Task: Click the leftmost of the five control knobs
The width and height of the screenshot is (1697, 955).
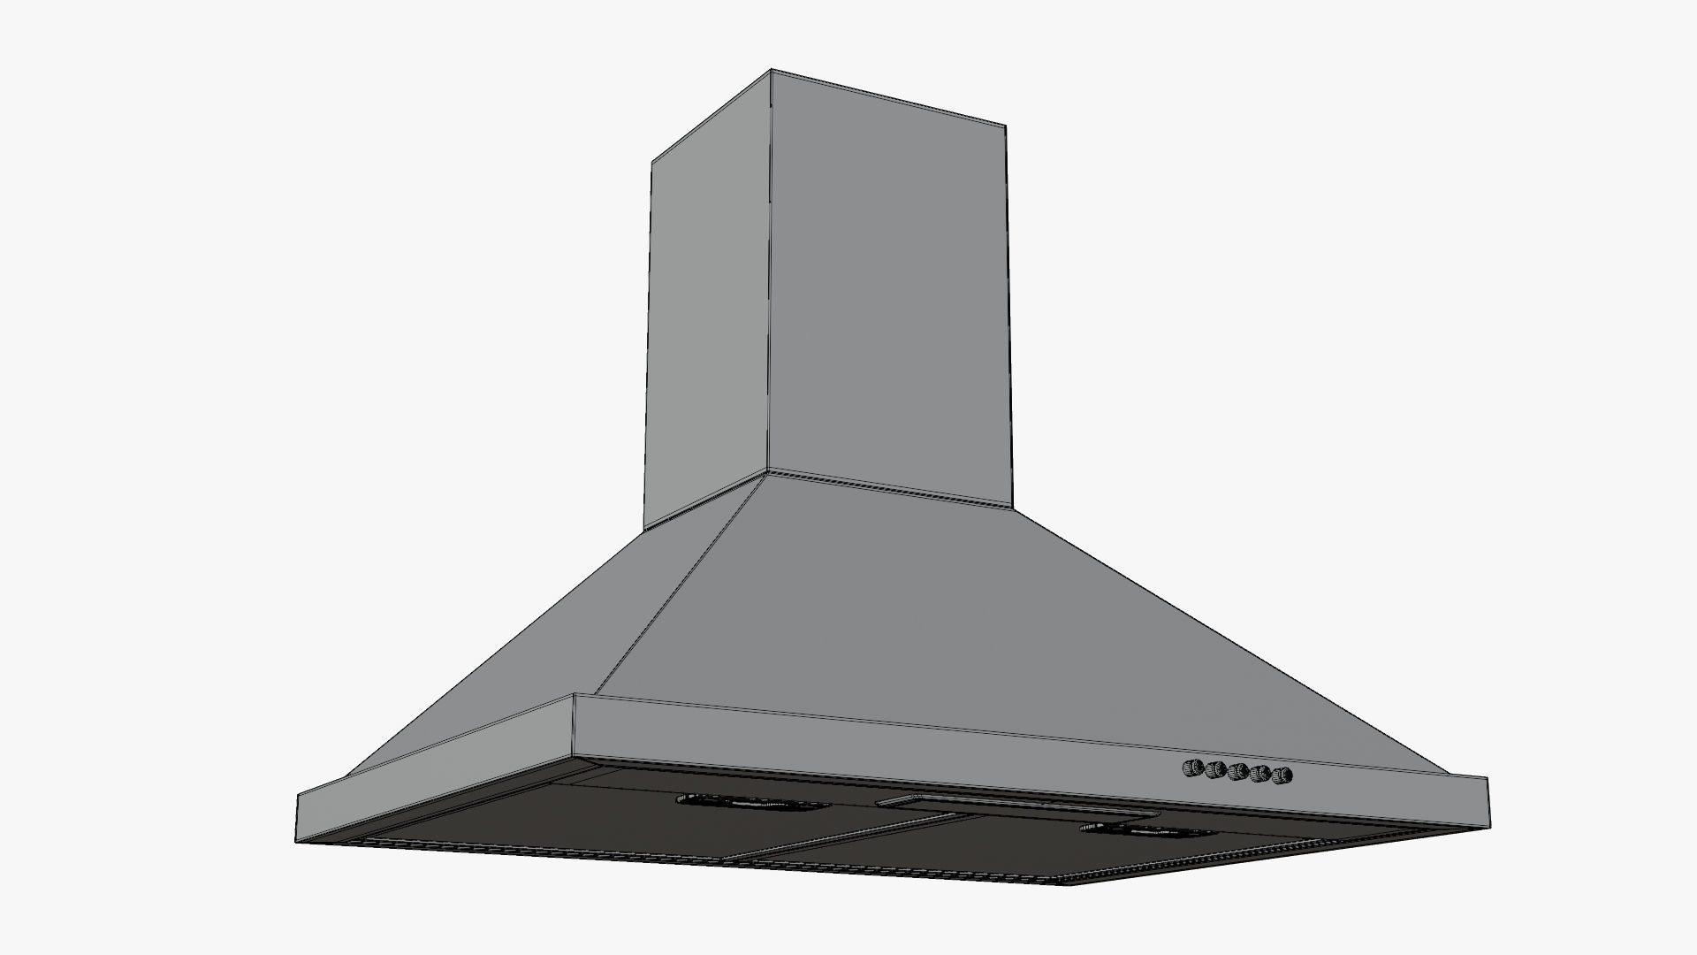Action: point(1193,767)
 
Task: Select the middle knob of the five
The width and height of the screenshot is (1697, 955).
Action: point(1237,772)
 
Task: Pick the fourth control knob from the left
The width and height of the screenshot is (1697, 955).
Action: point(1260,775)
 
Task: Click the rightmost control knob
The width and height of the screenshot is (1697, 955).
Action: point(1282,776)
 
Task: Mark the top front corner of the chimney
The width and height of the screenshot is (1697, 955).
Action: point(771,70)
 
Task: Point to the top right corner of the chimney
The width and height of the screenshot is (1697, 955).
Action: point(1006,126)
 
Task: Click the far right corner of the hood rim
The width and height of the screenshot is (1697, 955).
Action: point(1488,780)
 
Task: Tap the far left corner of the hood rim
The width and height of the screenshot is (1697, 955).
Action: point(298,794)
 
